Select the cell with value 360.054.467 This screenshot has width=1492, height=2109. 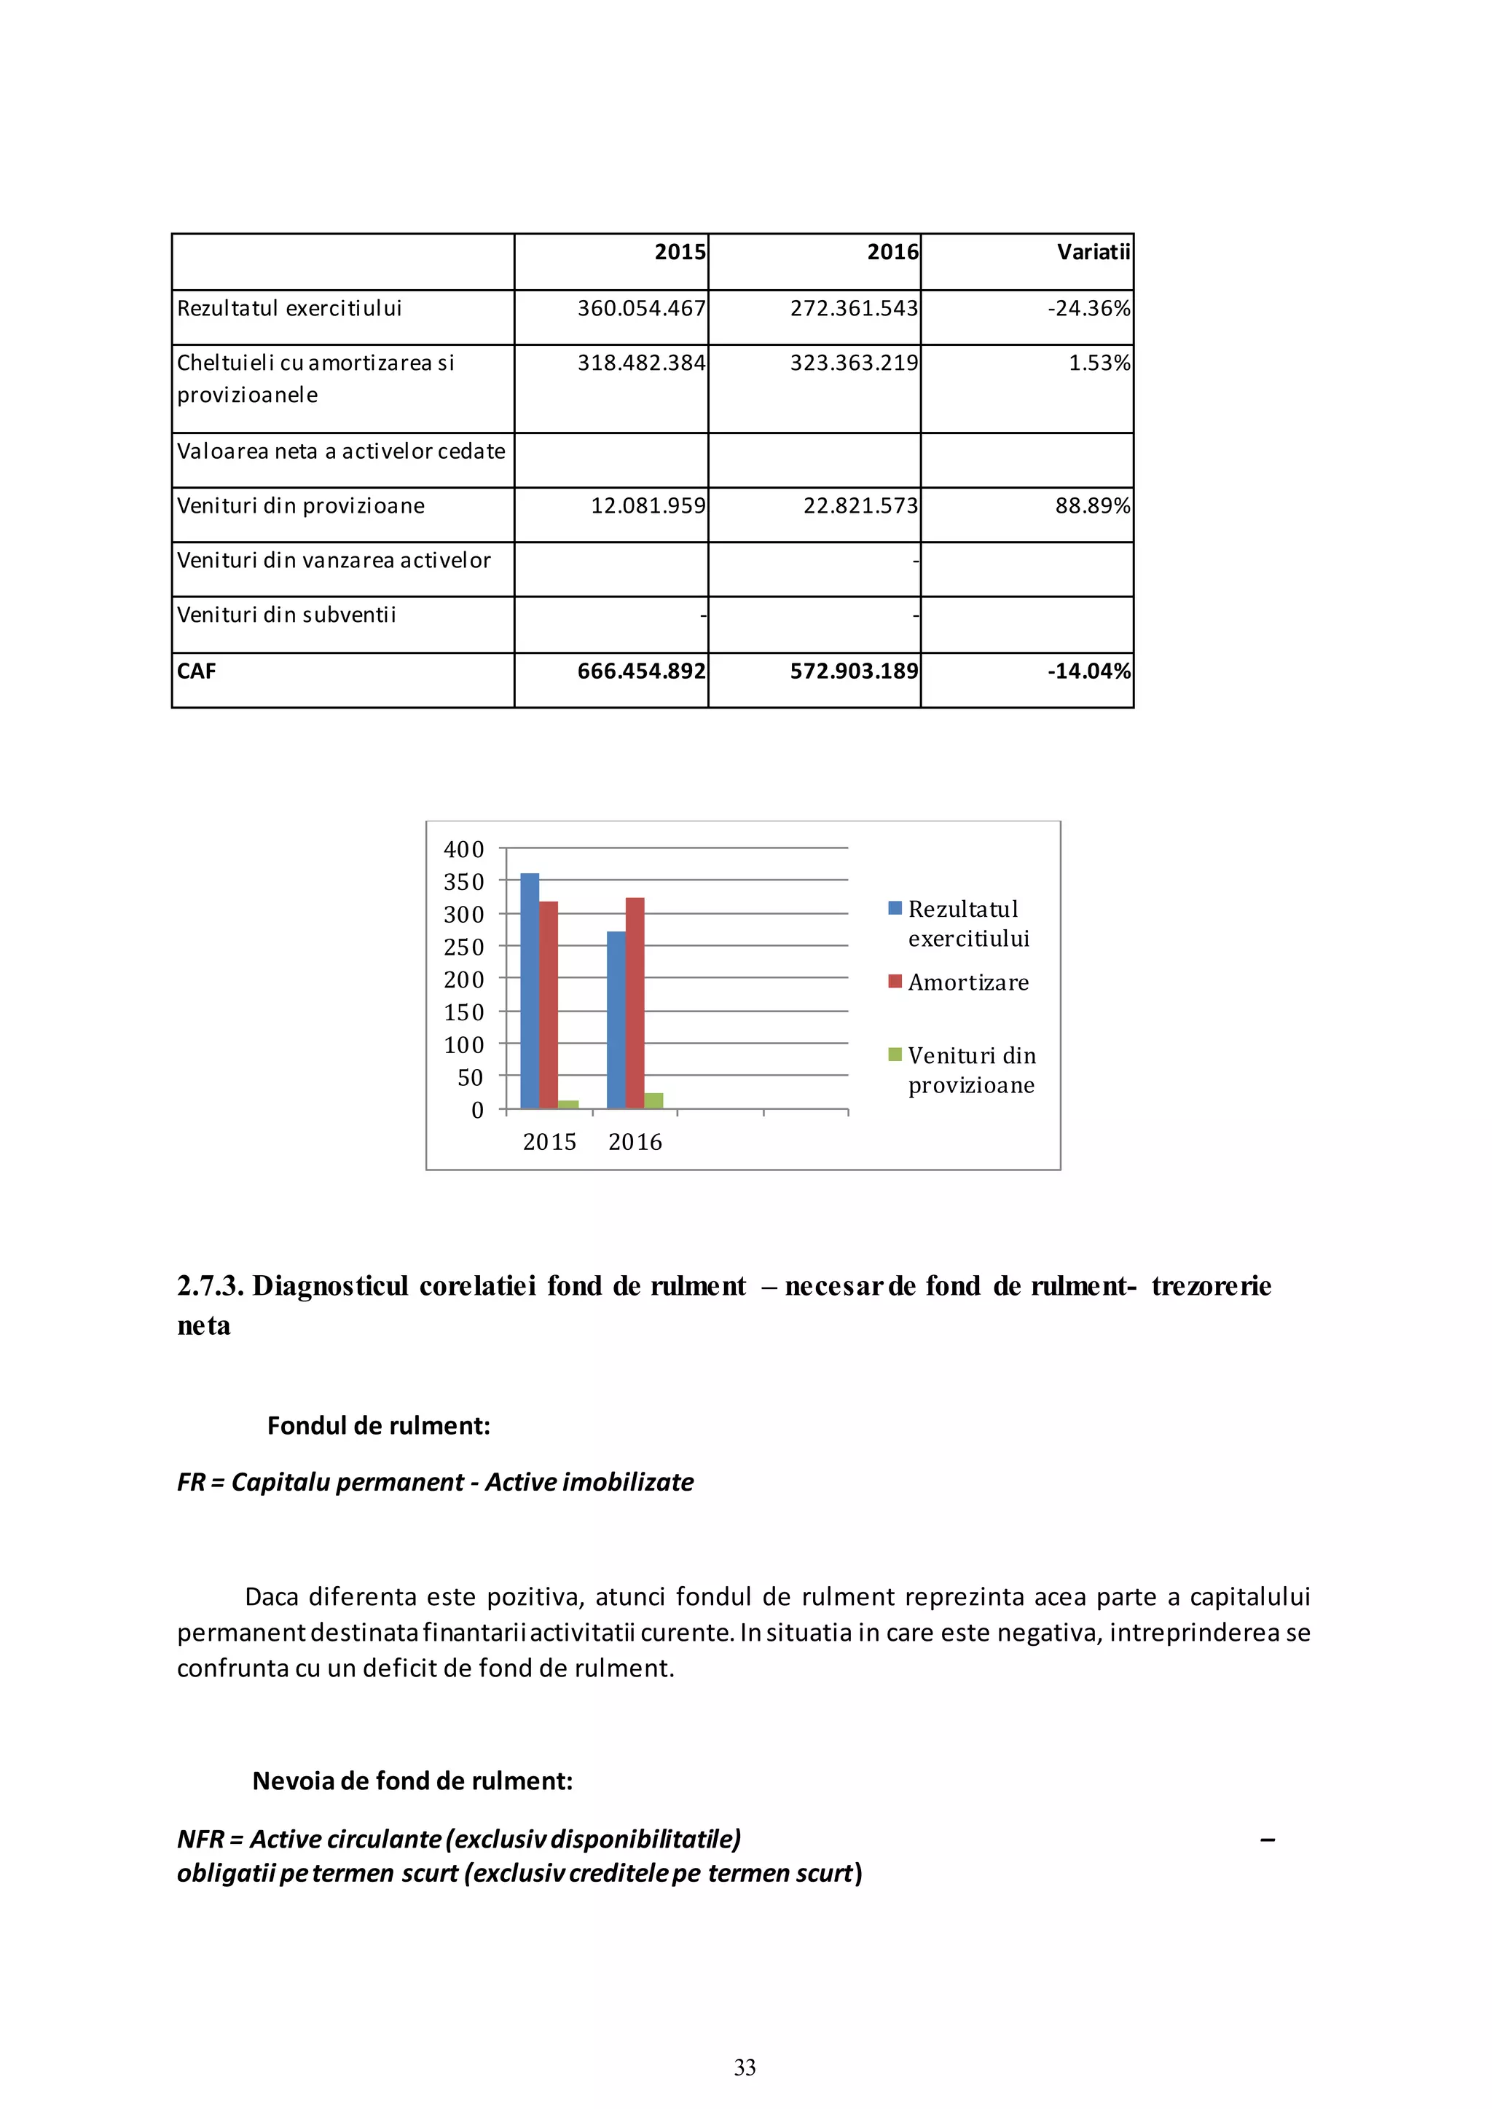[x=640, y=309]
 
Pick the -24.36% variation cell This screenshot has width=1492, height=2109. [x=1088, y=309]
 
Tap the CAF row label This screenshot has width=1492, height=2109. [x=197, y=671]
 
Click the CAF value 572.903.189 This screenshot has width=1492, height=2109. [x=854, y=671]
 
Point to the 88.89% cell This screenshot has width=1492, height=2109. [x=1091, y=506]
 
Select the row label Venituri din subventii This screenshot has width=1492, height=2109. [x=286, y=615]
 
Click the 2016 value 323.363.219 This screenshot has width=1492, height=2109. [x=854, y=363]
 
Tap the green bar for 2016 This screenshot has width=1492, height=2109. [x=653, y=1100]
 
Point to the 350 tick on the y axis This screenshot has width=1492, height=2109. [x=463, y=882]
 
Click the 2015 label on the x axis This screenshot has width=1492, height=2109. [x=549, y=1142]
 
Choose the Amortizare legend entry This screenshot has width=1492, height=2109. [x=967, y=983]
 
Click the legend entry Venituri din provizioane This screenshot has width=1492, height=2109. [x=971, y=1070]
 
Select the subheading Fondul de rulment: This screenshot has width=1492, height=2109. [x=379, y=1426]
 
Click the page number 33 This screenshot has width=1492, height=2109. [x=745, y=2067]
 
